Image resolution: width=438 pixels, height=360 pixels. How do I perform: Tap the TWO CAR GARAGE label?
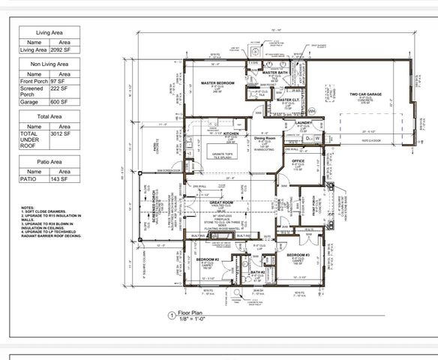[365, 94]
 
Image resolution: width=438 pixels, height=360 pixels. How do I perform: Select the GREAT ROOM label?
[223, 202]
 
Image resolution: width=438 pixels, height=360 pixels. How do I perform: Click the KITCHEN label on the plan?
[229, 133]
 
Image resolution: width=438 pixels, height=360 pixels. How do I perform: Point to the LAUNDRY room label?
[303, 122]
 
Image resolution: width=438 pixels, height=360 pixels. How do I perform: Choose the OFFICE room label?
[297, 160]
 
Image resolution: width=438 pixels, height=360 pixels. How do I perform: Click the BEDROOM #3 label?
[298, 256]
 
